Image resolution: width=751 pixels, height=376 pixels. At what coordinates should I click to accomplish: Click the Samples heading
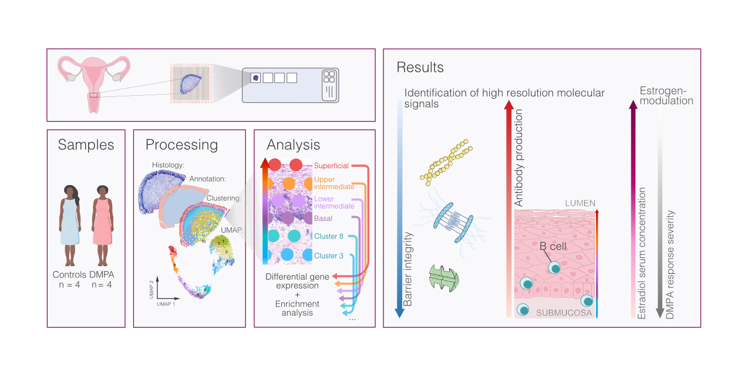coord(86,145)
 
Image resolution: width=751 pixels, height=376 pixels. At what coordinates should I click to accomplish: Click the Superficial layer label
coord(331,166)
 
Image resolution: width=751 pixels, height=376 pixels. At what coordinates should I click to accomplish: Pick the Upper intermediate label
coord(334,183)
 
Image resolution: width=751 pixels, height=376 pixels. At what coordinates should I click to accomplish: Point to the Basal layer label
coord(323,219)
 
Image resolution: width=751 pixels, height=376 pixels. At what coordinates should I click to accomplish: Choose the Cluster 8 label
coord(329,237)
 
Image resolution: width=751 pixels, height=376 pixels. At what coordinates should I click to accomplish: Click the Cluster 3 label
coord(329,256)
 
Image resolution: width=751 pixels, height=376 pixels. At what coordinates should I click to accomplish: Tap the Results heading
coord(420,68)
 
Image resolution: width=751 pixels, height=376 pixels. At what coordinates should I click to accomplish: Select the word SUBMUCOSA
coord(564,313)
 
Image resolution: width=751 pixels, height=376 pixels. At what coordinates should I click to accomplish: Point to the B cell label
coord(553,246)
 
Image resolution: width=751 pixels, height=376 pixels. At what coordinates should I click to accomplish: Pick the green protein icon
coord(444,276)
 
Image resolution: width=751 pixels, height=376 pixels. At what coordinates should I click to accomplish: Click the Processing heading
coord(181,145)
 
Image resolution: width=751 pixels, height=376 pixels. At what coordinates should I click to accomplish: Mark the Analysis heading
coord(293,145)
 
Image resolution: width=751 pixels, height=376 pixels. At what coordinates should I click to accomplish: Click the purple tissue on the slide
coord(256,78)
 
